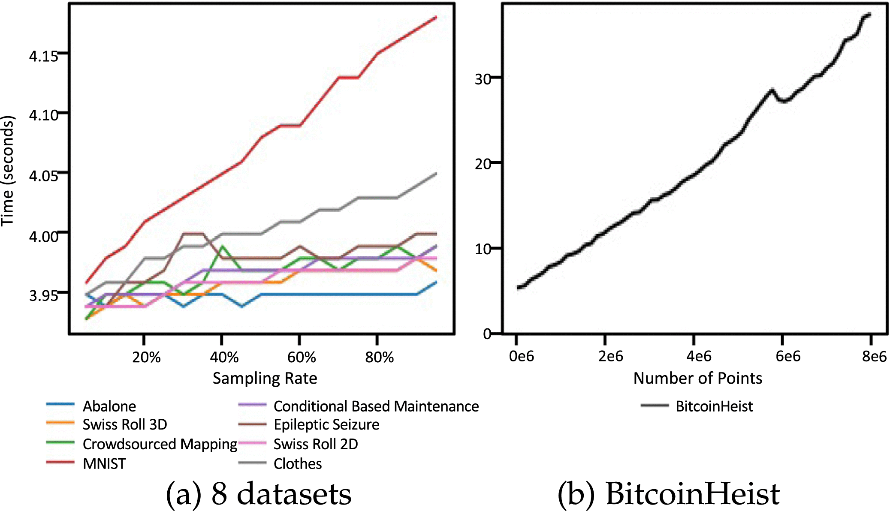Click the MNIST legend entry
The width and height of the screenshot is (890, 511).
click(104, 464)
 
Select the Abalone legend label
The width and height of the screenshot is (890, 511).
click(109, 406)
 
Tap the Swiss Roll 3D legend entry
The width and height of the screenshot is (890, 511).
click(124, 424)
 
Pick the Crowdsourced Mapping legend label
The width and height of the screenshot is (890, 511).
click(160, 444)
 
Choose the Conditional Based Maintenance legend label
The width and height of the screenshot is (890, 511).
click(376, 406)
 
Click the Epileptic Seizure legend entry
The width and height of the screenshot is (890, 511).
click(326, 424)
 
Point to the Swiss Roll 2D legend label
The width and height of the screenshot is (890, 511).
click(315, 444)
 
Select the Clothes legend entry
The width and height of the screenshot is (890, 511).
click(297, 464)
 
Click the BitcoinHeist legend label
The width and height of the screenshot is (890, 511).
click(714, 406)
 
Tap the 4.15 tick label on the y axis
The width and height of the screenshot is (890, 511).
click(43, 56)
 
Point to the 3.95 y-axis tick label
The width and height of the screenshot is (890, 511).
click(43, 295)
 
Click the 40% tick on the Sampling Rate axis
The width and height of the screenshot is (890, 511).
click(224, 357)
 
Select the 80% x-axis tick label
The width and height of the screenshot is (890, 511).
click(379, 357)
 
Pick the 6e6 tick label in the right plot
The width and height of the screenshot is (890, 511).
click(787, 356)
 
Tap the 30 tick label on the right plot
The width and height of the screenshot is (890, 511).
click(483, 79)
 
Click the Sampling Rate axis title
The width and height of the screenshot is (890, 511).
click(265, 378)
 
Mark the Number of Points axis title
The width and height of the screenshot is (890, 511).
click(697, 378)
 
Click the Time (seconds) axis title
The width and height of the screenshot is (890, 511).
click(8, 171)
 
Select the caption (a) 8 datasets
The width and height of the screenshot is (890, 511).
click(258, 494)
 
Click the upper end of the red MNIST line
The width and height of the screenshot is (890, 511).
click(436, 17)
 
